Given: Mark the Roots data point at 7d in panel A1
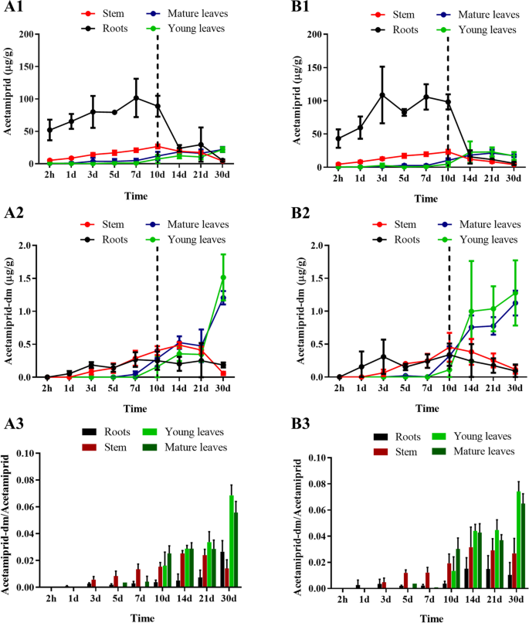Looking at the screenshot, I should (136, 98).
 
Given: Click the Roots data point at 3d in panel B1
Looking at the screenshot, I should (381, 95).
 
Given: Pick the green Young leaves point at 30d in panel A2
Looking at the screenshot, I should (222, 277).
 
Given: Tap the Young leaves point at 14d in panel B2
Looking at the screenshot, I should (470, 311).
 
